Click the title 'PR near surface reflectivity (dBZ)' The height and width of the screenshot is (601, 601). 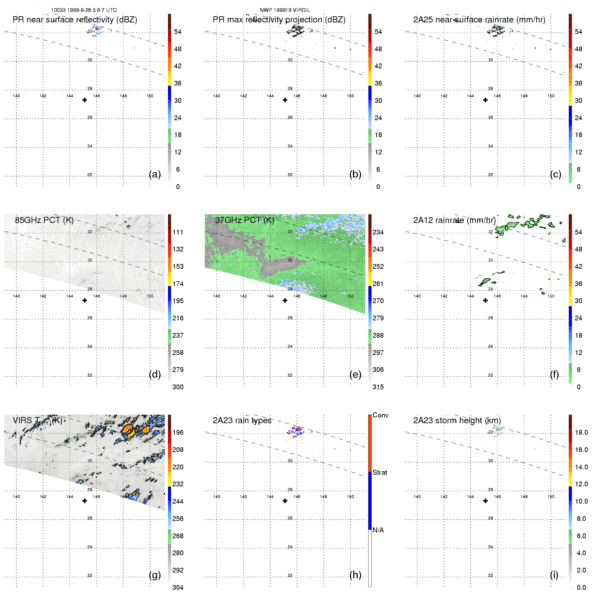click(75, 20)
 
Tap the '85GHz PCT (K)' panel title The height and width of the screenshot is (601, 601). click(44, 220)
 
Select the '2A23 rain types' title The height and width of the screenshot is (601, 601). click(242, 420)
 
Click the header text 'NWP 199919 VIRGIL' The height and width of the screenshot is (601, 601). click(285, 10)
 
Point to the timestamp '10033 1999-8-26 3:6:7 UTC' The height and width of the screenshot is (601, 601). click(84, 10)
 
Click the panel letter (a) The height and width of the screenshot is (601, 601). click(155, 174)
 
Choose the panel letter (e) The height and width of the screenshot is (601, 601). click(355, 374)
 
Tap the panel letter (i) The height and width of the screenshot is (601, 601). click(554, 575)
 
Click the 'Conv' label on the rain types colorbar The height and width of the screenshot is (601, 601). click(380, 415)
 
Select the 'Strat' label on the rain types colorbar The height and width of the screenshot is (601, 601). click(380, 472)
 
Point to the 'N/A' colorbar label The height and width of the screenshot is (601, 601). click(378, 530)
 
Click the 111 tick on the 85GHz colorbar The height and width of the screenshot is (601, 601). click(178, 232)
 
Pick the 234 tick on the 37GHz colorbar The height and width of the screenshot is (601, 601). click(378, 232)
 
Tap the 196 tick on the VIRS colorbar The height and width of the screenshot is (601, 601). click(178, 432)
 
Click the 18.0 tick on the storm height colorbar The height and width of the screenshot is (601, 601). click(581, 432)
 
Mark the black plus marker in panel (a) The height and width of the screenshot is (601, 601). click(84, 100)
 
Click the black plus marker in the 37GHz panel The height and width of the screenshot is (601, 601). click(285, 300)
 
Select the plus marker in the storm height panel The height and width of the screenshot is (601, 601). click(485, 501)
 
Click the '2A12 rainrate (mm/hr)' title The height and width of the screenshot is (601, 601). click(454, 220)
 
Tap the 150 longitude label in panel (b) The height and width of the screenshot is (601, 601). click(350, 96)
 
